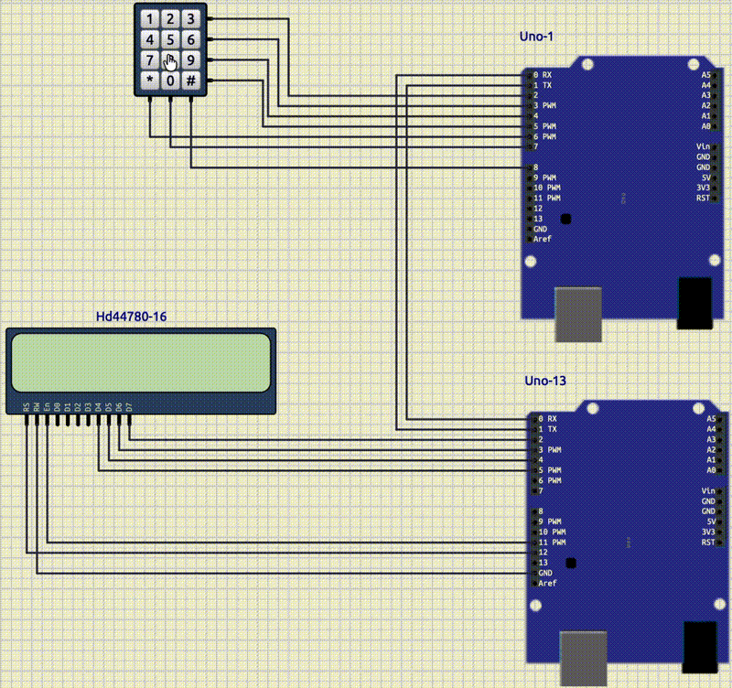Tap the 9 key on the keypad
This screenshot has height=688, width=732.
pyautogui.click(x=190, y=60)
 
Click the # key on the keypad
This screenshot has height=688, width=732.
pyautogui.click(x=190, y=81)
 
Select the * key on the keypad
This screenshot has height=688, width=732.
pyautogui.click(x=149, y=81)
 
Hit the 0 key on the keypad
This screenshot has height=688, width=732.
pyautogui.click(x=170, y=81)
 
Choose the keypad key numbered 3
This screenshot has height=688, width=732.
pyautogui.click(x=190, y=18)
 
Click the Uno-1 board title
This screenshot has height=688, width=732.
pyautogui.click(x=536, y=37)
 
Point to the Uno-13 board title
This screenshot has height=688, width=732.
pyautogui.click(x=539, y=381)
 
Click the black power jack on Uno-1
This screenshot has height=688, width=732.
pyautogui.click(x=694, y=302)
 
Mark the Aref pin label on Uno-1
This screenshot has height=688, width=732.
pyautogui.click(x=543, y=239)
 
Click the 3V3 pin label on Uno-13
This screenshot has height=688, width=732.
pyautogui.click(x=706, y=532)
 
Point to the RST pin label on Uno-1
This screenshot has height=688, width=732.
pyautogui.click(x=703, y=198)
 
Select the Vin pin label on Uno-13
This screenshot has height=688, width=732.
pyautogui.click(x=706, y=491)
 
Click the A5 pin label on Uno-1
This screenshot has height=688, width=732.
pyautogui.click(x=705, y=75)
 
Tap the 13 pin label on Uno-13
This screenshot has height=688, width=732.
pyautogui.click(x=542, y=563)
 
